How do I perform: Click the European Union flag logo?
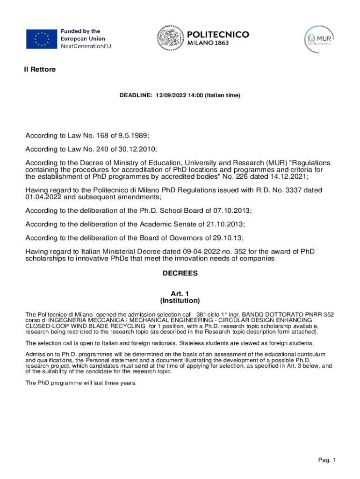pos(41,39)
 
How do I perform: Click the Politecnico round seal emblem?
pos(169,39)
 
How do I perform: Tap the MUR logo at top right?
pos(320,38)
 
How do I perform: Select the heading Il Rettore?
pos(40,70)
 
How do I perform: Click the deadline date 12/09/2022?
pos(170,95)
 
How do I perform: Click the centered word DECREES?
pos(180,273)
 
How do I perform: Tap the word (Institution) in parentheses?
pos(180,300)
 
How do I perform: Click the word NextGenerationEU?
pos(86,46)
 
